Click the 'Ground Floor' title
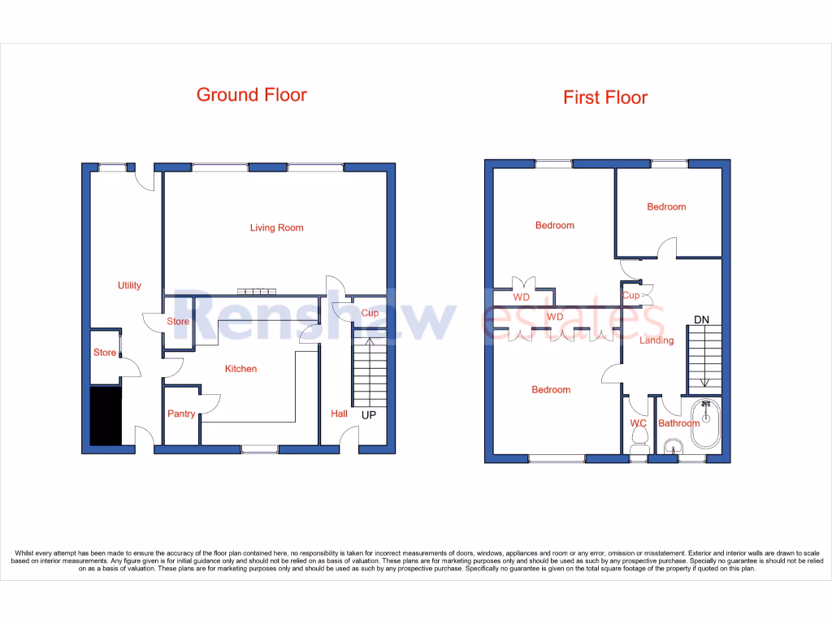coord(252,95)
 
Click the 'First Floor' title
coord(605,97)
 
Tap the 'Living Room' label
coord(276,227)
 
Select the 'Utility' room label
coord(129,285)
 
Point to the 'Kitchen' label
coord(240,369)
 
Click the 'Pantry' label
coord(181,414)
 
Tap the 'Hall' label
coord(339,414)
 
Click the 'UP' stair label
coord(369,414)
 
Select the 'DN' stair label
coord(701,320)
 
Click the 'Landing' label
coord(656,340)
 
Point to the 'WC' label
coord(638,423)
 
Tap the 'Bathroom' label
coord(678,423)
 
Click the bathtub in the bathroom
coord(706,422)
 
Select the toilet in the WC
coord(638,440)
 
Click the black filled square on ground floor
coord(105,416)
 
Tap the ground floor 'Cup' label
coord(370,313)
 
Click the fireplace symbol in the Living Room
coord(256,292)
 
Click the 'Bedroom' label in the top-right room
coord(666,207)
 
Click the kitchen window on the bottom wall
coord(258,448)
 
